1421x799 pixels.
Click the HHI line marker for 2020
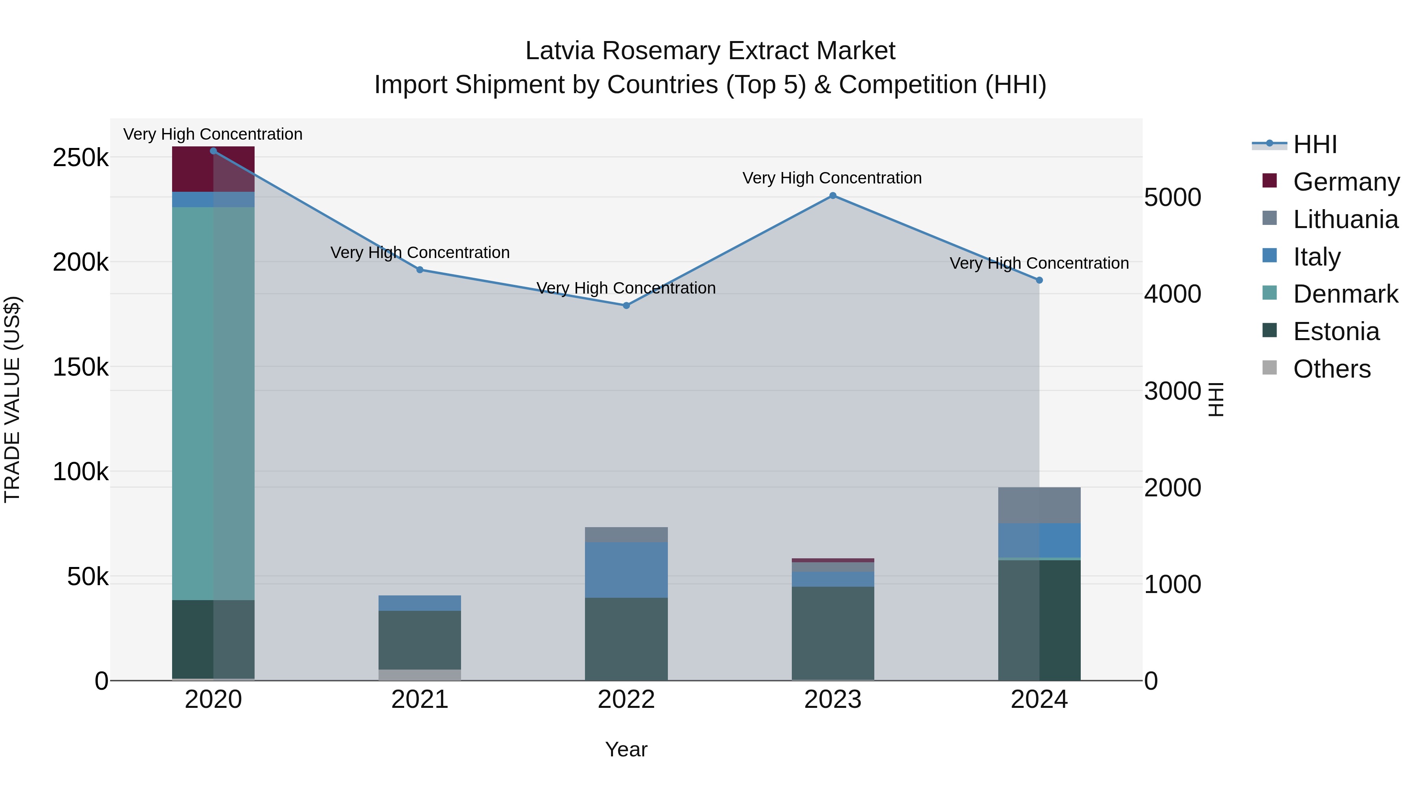214,151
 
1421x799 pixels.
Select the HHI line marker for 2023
833,196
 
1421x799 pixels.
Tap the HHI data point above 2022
626,305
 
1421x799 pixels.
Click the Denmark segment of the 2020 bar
214,402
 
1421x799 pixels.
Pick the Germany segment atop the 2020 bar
214,169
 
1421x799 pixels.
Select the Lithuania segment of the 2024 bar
1039,505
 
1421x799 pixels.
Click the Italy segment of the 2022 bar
626,570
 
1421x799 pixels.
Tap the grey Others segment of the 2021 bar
420,675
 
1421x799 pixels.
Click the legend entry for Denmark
1345,294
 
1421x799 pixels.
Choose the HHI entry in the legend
1314,144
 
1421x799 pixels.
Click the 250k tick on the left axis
81,158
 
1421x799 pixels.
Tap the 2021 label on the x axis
420,700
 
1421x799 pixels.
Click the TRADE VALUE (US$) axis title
12,399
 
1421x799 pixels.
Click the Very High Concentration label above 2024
1039,264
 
